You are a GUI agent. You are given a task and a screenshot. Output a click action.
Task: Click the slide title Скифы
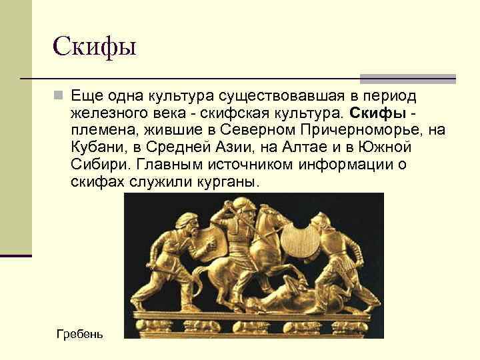point(94,47)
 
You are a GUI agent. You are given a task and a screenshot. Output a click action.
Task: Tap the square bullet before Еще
point(59,95)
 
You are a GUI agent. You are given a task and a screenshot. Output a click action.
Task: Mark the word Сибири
point(99,164)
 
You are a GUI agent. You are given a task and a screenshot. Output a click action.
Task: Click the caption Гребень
point(80,333)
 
